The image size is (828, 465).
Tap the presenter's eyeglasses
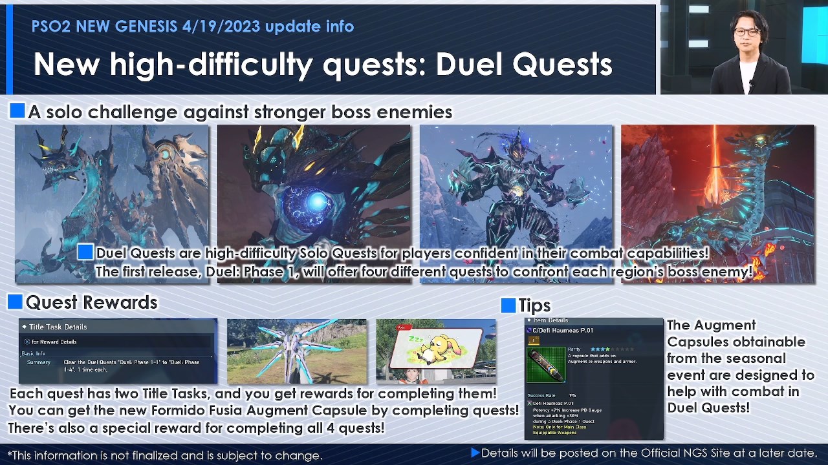[x=746, y=32]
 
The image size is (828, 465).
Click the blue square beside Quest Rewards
[x=15, y=302]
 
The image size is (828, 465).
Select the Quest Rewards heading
[x=91, y=302]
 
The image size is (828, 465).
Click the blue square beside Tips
[x=508, y=305]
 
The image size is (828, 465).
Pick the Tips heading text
[x=534, y=305]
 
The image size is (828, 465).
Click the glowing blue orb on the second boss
[x=316, y=201]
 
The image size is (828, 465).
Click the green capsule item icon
[x=545, y=364]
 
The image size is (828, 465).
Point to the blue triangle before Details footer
[x=475, y=453]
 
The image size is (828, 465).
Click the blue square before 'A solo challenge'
[x=17, y=111]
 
